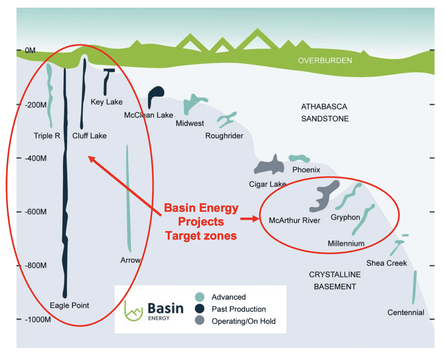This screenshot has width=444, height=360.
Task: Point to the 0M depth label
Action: click(x=30, y=51)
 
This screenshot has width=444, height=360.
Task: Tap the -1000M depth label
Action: click(x=33, y=319)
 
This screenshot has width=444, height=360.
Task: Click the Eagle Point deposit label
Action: click(x=69, y=306)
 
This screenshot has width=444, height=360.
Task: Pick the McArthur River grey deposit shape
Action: click(x=323, y=196)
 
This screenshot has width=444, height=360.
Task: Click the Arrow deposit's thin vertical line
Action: click(x=128, y=199)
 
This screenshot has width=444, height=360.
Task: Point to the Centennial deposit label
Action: click(x=405, y=312)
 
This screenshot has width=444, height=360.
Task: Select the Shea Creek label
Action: click(x=386, y=263)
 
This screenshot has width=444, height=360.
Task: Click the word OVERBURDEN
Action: click(x=325, y=60)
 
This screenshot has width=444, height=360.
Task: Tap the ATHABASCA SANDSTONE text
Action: click(x=324, y=112)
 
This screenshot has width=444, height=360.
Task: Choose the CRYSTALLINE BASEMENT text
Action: click(x=335, y=280)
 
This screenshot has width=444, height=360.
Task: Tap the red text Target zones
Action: click(x=201, y=235)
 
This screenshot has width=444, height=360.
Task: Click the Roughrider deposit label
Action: click(x=224, y=136)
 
